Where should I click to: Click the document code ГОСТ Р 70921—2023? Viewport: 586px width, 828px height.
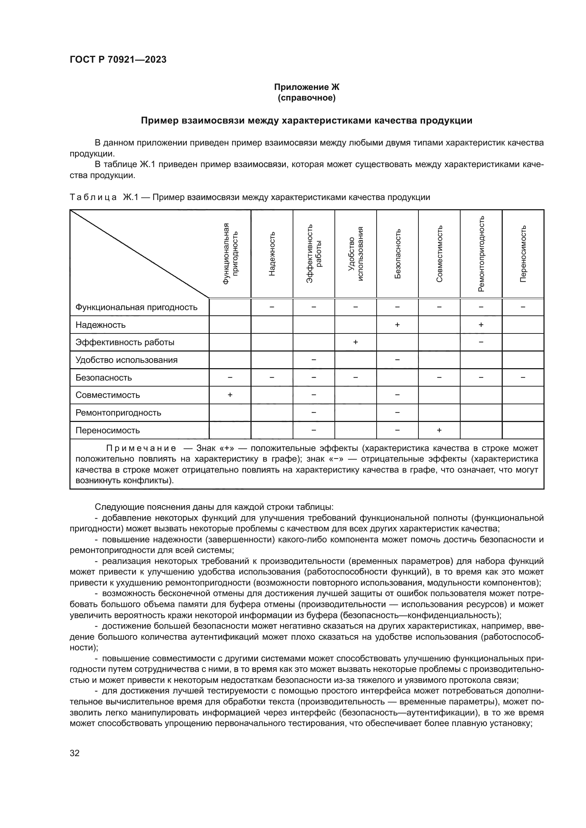118,59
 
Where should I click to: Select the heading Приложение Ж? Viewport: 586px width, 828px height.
306,87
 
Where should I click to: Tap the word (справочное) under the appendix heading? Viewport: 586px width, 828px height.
306,98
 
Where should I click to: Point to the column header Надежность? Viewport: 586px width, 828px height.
272,254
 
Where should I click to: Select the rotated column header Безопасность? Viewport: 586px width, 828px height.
398,253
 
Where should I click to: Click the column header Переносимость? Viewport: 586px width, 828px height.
523,253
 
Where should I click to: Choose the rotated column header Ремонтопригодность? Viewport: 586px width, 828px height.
481,253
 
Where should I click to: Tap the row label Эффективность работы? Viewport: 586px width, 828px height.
125,342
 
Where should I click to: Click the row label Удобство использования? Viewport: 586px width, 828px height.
126,360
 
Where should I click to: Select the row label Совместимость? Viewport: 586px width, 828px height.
108,395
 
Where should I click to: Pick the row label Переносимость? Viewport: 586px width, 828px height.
108,430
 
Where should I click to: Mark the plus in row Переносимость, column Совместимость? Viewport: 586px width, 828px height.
439,430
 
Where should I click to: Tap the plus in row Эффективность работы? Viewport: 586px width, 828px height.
355,342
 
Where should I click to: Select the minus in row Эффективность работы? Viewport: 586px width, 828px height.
481,342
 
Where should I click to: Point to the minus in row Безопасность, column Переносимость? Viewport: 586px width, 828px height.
523,377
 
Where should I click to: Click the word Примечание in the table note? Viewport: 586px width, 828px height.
141,448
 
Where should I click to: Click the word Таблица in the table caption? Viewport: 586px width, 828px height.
93,197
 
